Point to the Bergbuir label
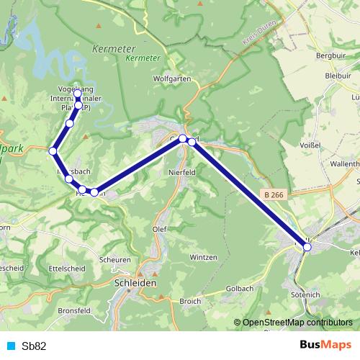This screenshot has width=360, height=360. tap(331, 55)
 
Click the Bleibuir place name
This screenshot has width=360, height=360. tap(338, 74)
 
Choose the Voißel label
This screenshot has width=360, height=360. tap(310, 145)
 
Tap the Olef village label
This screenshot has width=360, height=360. tap(160, 229)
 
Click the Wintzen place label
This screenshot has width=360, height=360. tap(203, 257)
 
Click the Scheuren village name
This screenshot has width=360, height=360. tap(115, 260)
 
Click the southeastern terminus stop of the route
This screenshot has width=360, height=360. tap(307, 247)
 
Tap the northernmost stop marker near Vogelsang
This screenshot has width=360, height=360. tap(78, 94)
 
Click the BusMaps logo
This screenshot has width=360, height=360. tap(325, 345)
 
